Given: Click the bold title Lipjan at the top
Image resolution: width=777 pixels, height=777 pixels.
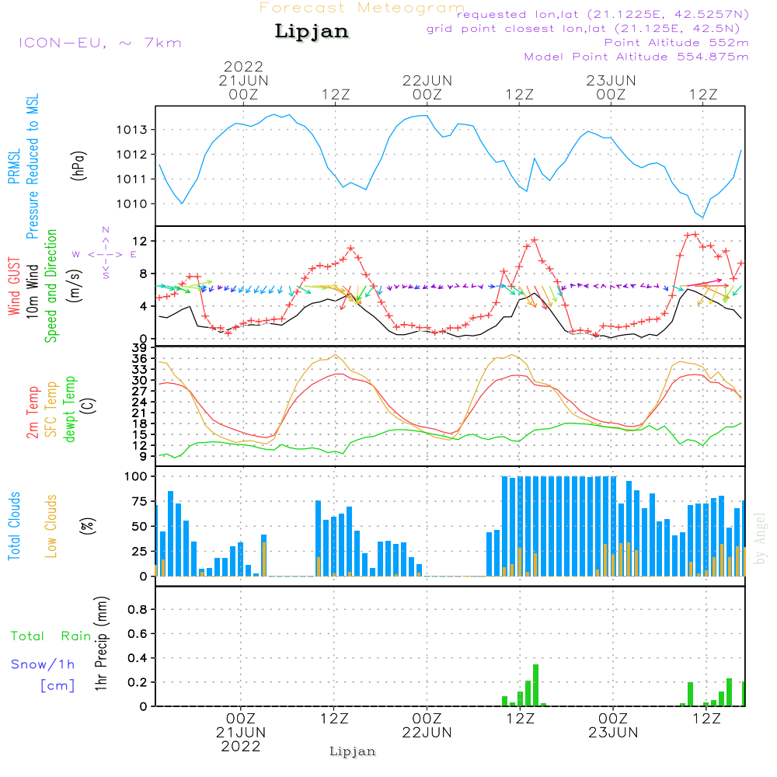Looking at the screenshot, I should (x=312, y=31).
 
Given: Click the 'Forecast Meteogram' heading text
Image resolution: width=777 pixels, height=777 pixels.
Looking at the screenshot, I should (x=362, y=8).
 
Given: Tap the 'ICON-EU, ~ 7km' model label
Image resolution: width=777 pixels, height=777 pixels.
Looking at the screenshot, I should (x=99, y=43).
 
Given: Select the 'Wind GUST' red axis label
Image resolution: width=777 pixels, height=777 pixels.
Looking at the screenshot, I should (x=15, y=287).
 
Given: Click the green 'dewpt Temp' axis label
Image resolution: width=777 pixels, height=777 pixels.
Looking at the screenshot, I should (x=71, y=409).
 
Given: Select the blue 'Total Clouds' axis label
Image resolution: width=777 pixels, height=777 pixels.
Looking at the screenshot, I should (x=15, y=526).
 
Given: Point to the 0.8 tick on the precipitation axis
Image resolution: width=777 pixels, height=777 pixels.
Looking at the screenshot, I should (x=139, y=610).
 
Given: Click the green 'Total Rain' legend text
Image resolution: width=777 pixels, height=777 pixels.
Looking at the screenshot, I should (x=51, y=636).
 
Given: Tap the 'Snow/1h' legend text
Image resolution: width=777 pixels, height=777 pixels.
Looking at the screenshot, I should (x=43, y=665).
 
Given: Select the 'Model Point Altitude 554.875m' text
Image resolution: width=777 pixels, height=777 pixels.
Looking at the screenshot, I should (x=636, y=57).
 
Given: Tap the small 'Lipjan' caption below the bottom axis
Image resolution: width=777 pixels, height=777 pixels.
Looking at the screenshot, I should (x=353, y=751).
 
